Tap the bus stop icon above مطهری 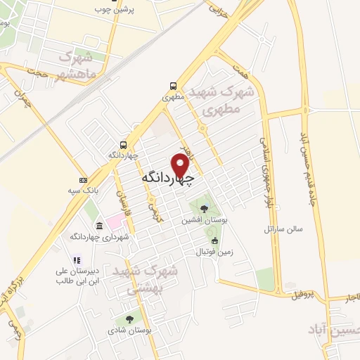(x=172, y=86)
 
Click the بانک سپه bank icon (x=84, y=179)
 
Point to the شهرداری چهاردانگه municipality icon (x=98, y=226)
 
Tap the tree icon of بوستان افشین (x=204, y=208)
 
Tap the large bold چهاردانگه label (x=167, y=177)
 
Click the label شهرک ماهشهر (x=73, y=65)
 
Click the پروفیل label (x=306, y=295)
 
